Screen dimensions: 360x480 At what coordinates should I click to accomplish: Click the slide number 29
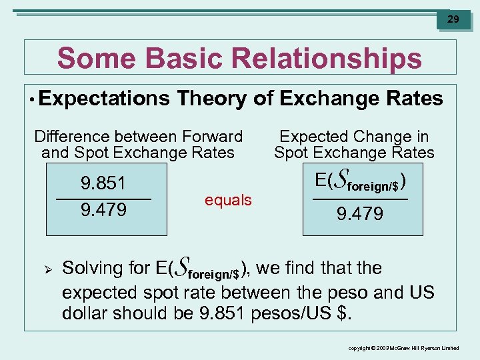coord(453,19)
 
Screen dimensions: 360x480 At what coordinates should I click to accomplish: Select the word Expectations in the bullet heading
coord(105,99)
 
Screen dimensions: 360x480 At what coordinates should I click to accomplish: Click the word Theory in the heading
coord(212,99)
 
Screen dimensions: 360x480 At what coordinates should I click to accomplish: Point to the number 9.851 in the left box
coord(103,183)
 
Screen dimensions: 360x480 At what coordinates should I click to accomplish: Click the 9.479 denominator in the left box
coord(103,211)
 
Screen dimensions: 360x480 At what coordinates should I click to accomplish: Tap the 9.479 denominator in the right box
coord(360,214)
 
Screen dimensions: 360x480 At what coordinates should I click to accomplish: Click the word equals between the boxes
coord(228,199)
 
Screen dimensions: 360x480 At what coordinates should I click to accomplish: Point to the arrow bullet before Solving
coord(47,269)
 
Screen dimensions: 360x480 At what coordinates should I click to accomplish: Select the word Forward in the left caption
coord(213,137)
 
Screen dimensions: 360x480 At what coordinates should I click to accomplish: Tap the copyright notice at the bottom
coord(405,348)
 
